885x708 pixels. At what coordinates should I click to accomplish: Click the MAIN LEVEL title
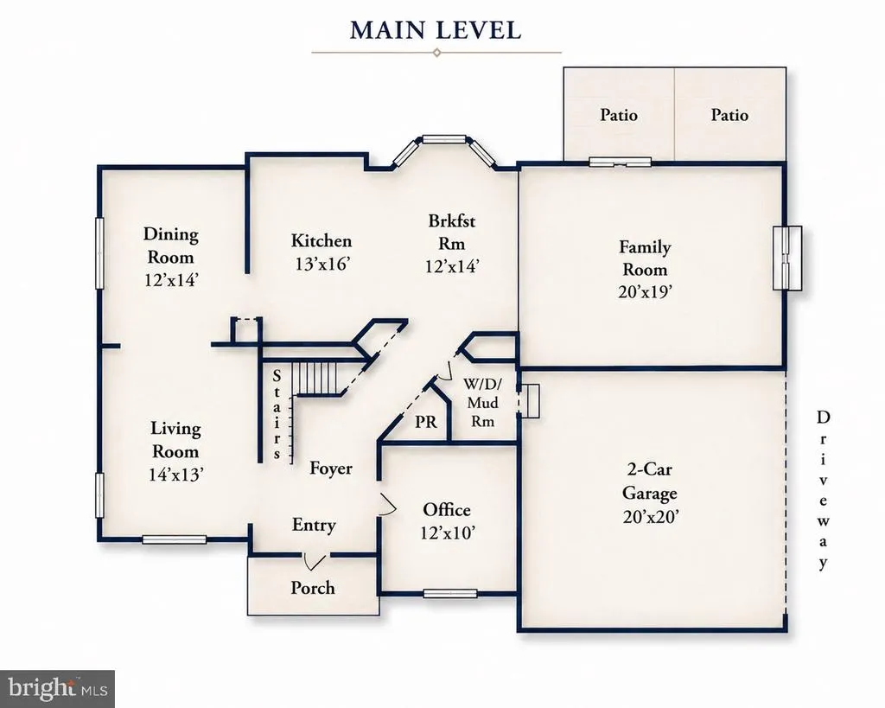[x=436, y=30]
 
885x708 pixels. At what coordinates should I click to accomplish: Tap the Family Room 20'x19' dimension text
[x=645, y=292]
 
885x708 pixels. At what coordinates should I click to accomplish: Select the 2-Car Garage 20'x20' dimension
[x=650, y=517]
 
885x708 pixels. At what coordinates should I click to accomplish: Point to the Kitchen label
[x=322, y=241]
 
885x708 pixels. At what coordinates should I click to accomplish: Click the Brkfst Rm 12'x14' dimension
[x=452, y=266]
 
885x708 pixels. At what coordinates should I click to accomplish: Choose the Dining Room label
[x=170, y=246]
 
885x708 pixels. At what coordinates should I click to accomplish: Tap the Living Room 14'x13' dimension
[x=176, y=475]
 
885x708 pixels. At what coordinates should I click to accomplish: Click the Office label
[x=447, y=510]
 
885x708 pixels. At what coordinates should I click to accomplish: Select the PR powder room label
[x=425, y=423]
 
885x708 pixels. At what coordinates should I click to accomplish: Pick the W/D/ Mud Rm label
[x=482, y=403]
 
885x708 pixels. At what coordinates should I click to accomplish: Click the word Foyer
[x=331, y=469]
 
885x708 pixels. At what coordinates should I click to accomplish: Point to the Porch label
[x=313, y=588]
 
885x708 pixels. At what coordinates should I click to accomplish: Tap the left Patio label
[x=619, y=115]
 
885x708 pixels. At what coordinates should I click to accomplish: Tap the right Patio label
[x=729, y=115]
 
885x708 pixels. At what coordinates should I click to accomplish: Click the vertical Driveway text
[x=824, y=490]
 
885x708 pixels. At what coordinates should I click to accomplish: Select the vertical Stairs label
[x=277, y=414]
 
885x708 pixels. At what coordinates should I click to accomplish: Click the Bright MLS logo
[x=58, y=689]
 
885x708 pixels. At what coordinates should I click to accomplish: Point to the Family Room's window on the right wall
[x=786, y=258]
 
